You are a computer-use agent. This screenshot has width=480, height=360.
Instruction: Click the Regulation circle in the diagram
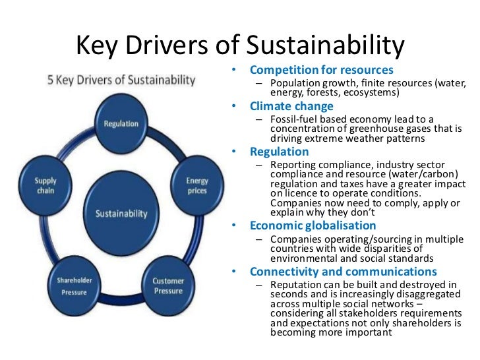pyautogui.click(x=121, y=123)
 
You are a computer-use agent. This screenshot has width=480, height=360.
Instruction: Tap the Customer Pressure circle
pyautogui.click(x=168, y=285)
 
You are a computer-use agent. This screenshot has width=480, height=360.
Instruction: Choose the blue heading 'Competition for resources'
pyautogui.click(x=321, y=70)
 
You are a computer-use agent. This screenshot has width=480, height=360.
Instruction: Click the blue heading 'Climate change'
pyautogui.click(x=291, y=106)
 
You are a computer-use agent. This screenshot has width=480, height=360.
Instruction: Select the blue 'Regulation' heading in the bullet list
pyautogui.click(x=279, y=152)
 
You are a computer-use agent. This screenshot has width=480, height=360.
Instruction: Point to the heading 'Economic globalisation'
pyautogui.click(x=307, y=225)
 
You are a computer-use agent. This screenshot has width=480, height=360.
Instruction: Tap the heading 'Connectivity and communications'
pyautogui.click(x=343, y=272)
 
